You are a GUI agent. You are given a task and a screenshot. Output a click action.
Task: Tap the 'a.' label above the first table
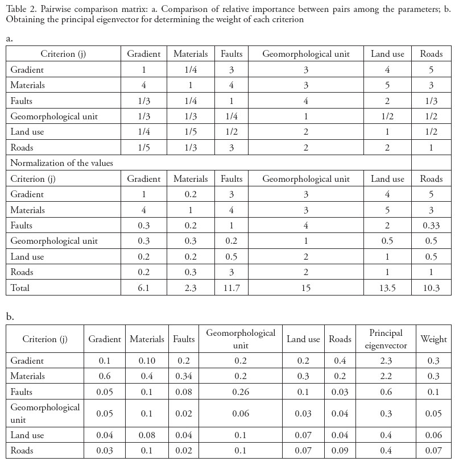(10, 39)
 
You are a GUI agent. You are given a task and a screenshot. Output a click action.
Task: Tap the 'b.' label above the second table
(10, 316)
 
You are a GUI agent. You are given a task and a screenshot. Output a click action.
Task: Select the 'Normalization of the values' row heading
(61, 163)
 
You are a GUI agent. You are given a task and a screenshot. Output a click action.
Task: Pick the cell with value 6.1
(144, 288)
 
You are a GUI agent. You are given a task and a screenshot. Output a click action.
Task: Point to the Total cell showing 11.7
(231, 288)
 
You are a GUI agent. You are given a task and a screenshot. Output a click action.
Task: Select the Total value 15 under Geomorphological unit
(306, 288)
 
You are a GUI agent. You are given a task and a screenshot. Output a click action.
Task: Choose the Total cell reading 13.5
(387, 288)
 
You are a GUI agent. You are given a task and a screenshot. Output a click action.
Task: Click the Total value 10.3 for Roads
(431, 288)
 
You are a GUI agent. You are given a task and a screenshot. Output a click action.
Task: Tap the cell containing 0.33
(431, 226)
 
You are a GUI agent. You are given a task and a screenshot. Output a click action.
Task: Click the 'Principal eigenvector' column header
(386, 339)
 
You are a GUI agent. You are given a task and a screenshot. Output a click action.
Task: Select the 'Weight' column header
(433, 339)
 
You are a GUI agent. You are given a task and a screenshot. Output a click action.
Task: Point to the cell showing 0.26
(241, 392)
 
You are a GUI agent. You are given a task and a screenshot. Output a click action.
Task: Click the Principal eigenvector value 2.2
(386, 376)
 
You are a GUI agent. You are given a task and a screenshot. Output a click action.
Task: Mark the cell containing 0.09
(340, 451)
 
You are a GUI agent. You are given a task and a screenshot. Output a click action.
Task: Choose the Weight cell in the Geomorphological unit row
(433, 414)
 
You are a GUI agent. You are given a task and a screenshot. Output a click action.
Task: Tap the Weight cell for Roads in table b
(433, 451)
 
